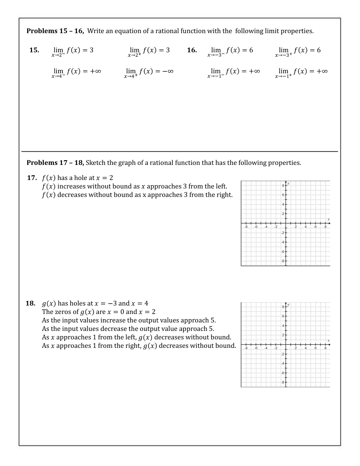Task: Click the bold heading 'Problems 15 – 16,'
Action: [55, 31]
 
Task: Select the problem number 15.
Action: [34, 50]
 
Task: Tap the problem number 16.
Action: [192, 50]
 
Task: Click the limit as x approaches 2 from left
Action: [73, 51]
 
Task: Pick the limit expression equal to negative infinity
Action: [149, 72]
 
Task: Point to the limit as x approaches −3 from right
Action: [297, 51]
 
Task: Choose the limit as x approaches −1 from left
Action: [233, 72]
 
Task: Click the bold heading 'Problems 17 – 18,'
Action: [55, 163]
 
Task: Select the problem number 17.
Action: [32, 178]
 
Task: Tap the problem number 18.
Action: [31, 303]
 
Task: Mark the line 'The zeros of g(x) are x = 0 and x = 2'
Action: [99, 312]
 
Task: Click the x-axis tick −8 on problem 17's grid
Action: [246, 227]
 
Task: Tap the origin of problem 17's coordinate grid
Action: [286, 223]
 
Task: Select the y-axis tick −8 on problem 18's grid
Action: [282, 382]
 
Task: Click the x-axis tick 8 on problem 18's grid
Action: [325, 348]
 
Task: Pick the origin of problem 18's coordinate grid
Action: [286, 345]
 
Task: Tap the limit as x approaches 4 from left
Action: [76, 72]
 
